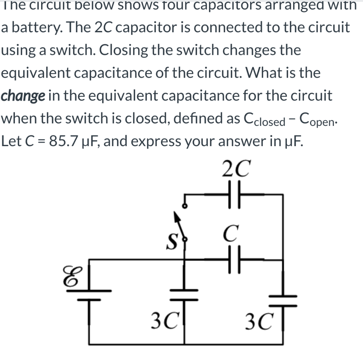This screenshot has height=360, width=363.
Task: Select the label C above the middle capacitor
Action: [230, 234]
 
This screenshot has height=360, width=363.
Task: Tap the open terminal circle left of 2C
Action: [184, 205]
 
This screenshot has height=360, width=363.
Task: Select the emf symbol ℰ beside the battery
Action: [70, 276]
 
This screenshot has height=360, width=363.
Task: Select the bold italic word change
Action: [23, 96]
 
